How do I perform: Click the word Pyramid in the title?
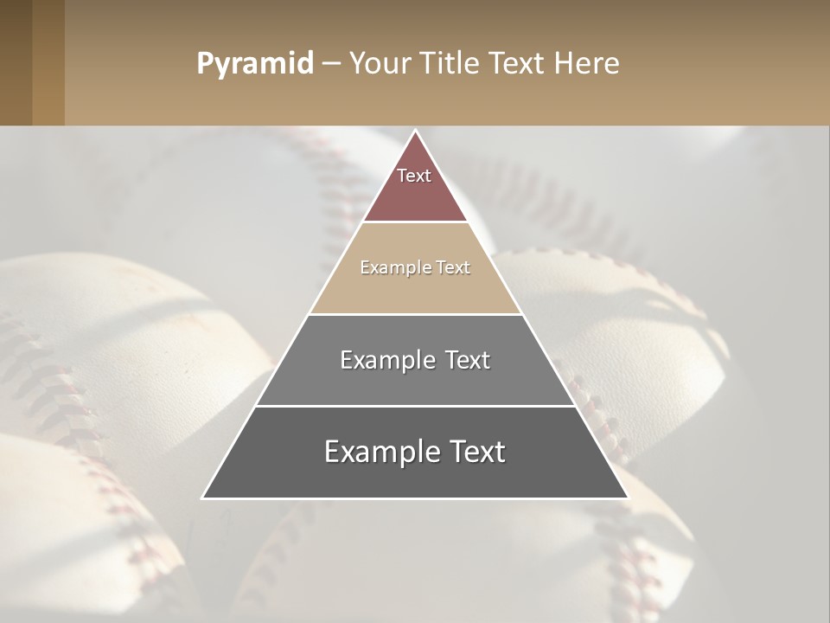(254, 64)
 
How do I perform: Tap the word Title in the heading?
(449, 63)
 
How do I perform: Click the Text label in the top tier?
(414, 176)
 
